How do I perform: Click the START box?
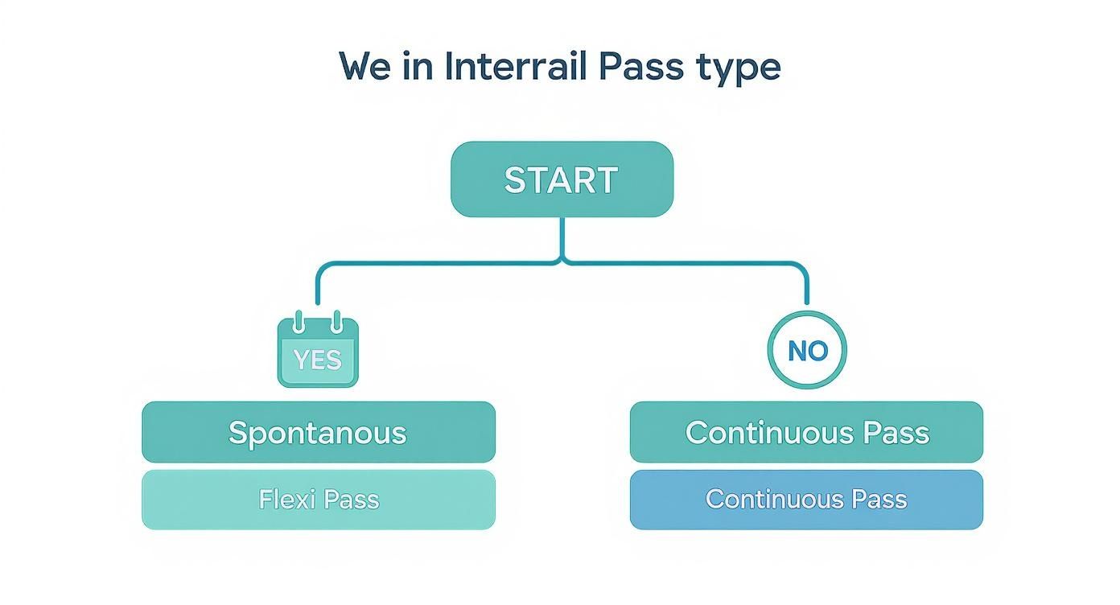(x=561, y=179)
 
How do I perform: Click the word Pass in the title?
(x=644, y=66)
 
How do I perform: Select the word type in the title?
(x=739, y=68)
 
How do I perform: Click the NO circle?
(x=807, y=350)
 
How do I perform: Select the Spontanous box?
(x=318, y=432)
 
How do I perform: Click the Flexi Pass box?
(x=318, y=500)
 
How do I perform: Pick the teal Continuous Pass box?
(x=806, y=432)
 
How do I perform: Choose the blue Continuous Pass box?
(x=806, y=500)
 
